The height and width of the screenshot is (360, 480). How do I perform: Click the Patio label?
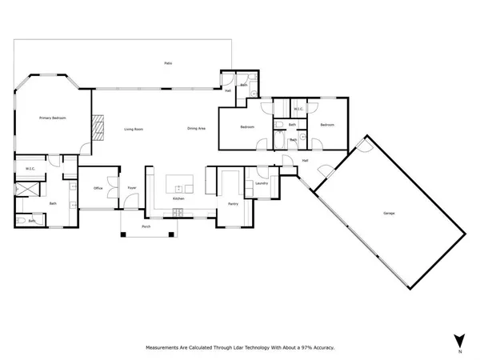pos(168,63)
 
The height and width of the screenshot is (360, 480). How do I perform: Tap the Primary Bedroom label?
pos(53,118)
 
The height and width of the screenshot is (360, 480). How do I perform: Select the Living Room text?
pos(133,129)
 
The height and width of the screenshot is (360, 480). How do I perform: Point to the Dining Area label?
pos(196,129)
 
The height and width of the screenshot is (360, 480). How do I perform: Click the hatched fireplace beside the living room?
pos(97,127)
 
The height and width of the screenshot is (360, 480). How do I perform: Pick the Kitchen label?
pos(178,198)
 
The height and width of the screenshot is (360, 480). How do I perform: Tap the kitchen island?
pos(180,185)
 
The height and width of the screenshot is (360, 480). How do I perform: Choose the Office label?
pos(98,188)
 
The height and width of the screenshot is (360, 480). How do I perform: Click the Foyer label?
pos(132,188)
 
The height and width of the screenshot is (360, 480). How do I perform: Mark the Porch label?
pos(146,226)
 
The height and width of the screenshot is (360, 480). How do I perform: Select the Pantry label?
pos(233,204)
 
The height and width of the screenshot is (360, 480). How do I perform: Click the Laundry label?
pos(260,183)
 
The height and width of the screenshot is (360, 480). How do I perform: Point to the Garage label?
pos(389,213)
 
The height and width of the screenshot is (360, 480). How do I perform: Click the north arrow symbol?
pos(458,339)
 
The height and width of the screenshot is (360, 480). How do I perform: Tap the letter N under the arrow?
pos(459,352)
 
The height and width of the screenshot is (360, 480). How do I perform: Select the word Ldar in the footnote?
pos(238,348)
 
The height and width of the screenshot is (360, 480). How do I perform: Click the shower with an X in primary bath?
pos(29,189)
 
